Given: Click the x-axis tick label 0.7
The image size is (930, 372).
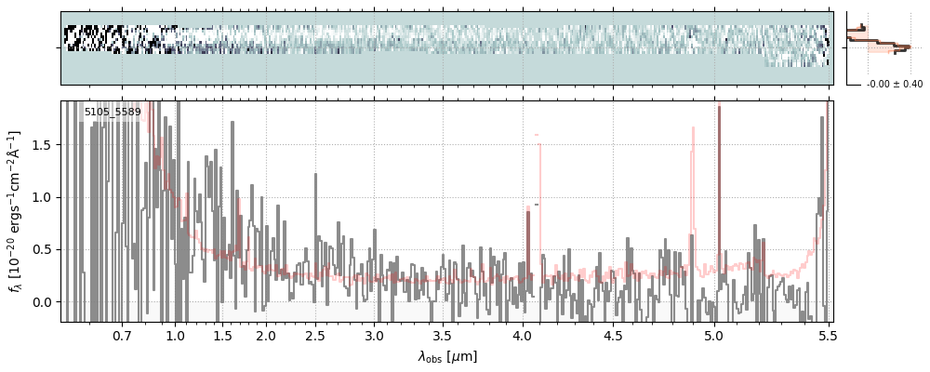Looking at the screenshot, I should [122, 335].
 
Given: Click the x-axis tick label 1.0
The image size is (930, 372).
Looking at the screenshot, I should [175, 335].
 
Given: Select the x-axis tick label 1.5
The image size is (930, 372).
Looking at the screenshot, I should [222, 335].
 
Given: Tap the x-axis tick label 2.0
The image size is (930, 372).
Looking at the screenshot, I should [266, 335].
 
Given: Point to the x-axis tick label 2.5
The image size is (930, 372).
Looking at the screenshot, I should [316, 335].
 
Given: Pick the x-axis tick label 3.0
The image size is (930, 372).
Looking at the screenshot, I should [374, 335].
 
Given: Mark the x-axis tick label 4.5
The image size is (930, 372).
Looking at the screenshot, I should [612, 335].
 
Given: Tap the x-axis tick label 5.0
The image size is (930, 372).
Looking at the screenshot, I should [713, 335].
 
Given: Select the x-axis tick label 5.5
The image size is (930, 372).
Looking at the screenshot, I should [827, 335].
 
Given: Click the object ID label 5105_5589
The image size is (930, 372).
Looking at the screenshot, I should [113, 113].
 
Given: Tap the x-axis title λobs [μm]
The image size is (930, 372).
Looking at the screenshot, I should [447, 356].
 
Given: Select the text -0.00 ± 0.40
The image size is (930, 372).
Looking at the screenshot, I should [894, 85].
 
